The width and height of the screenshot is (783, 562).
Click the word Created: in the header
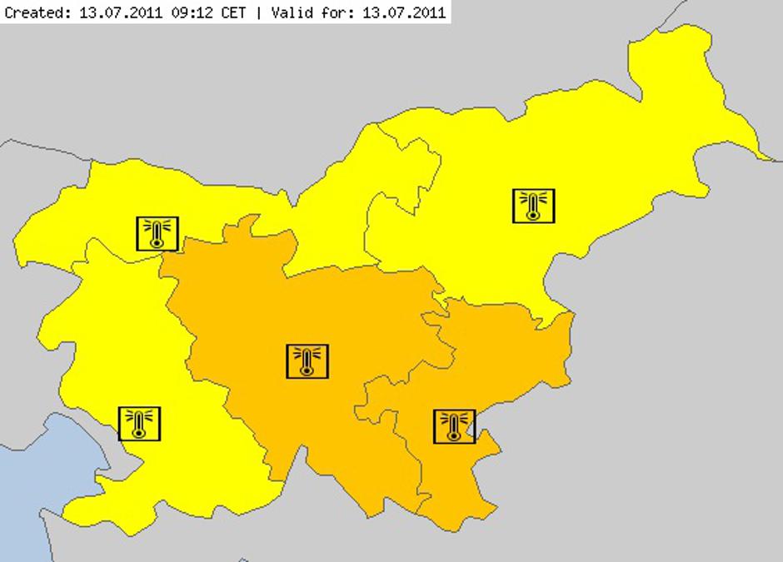click(x=32, y=12)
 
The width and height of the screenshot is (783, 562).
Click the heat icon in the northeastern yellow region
click(x=533, y=206)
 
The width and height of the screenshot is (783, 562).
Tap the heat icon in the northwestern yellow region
click(x=157, y=233)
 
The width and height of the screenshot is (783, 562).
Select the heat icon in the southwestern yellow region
click(x=139, y=424)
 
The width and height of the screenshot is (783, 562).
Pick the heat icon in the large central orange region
click(x=307, y=361)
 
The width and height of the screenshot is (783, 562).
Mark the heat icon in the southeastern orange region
click(x=454, y=426)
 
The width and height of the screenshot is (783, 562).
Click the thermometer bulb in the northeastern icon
click(x=533, y=215)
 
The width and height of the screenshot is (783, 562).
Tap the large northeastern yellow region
click(x=583, y=150)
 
